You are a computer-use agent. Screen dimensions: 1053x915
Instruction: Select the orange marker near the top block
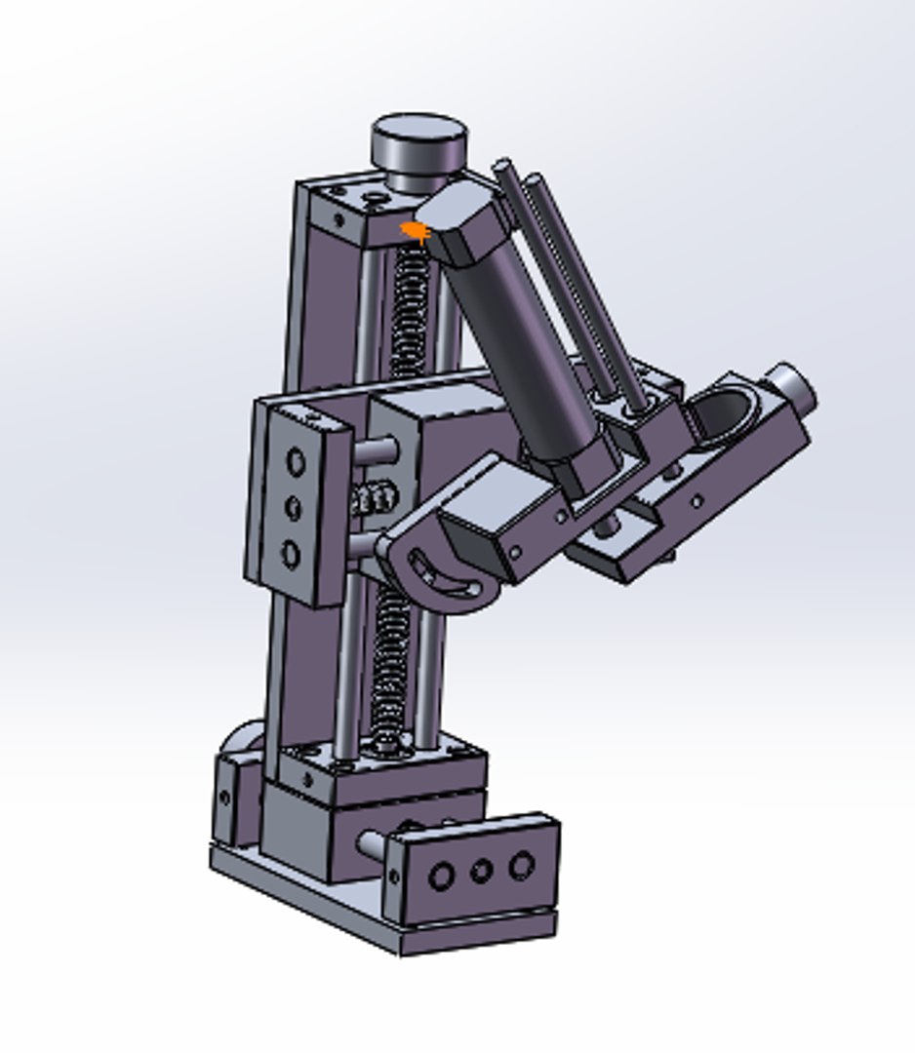pos(416,231)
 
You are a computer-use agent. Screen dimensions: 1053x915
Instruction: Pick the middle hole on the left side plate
pos(294,507)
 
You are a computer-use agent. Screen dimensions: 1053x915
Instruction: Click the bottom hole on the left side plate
pos(291,555)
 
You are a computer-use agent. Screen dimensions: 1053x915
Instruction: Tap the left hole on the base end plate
pos(441,877)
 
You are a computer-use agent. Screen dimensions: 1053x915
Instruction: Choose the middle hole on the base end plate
pos(481,871)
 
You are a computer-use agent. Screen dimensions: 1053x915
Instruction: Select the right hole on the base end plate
pos(522,865)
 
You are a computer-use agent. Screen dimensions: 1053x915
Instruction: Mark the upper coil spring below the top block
pos(410,312)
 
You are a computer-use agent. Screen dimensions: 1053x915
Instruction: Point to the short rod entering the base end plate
pos(374,842)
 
